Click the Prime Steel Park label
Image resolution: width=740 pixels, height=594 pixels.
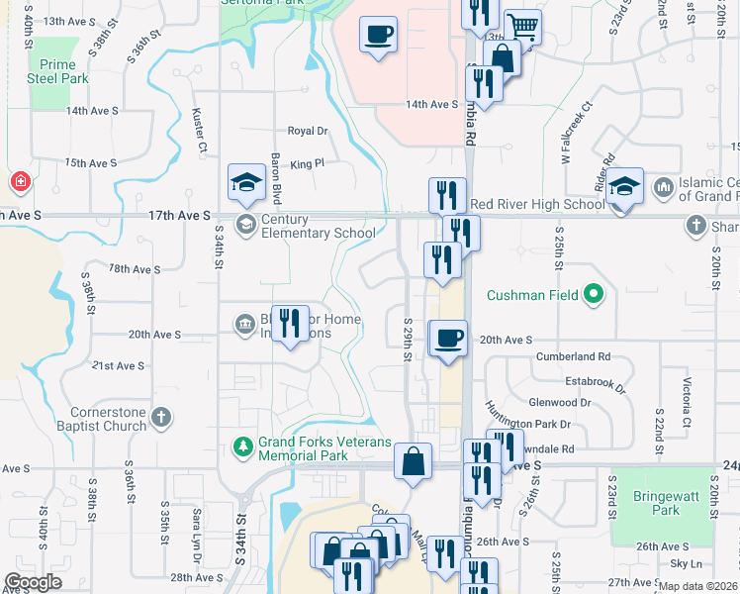[x=57, y=71]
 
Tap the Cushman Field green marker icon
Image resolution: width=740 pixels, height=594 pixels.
[x=594, y=295]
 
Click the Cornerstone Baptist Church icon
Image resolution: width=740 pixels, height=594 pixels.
[x=160, y=420]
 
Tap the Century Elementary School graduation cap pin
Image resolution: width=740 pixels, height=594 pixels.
[x=246, y=182]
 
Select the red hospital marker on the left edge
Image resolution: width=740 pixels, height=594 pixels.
[x=19, y=183]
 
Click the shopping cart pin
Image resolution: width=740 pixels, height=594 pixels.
[x=522, y=27]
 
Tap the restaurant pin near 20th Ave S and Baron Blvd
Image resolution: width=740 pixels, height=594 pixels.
[x=290, y=324]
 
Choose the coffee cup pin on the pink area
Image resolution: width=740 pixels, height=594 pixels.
[x=378, y=36]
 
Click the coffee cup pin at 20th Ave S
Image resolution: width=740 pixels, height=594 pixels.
[x=448, y=339]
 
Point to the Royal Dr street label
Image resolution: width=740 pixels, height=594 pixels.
[x=307, y=131]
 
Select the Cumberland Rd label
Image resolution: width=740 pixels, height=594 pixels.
[x=573, y=356]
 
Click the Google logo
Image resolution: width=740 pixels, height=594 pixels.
[x=33, y=582]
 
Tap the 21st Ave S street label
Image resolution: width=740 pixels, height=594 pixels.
[x=118, y=366]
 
